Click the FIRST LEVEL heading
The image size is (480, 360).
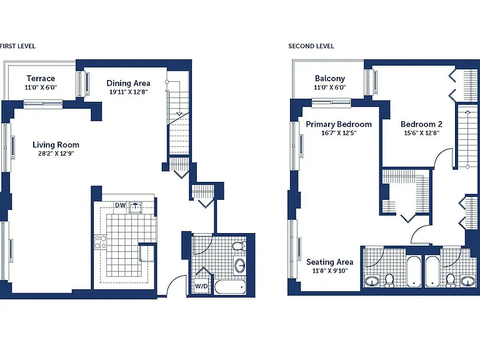pyautogui.click(x=17, y=46)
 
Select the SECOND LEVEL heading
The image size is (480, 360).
pyautogui.click(x=311, y=46)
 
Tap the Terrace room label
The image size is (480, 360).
pyautogui.click(x=41, y=78)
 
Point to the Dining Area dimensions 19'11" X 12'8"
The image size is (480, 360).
pyautogui.click(x=129, y=92)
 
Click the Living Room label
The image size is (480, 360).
pyautogui.click(x=56, y=145)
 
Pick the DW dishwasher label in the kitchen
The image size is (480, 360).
pyautogui.click(x=120, y=205)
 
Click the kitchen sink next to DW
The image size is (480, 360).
pyautogui.click(x=136, y=207)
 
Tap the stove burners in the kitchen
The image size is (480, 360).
pyautogui.click(x=101, y=242)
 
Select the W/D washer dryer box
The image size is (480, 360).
pyautogui.click(x=201, y=286)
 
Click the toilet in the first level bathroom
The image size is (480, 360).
pyautogui.click(x=239, y=246)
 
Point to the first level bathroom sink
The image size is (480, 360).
pyautogui.click(x=240, y=265)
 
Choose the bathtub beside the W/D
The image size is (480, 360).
pyautogui.click(x=230, y=287)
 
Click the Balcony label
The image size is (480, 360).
pyautogui.click(x=330, y=78)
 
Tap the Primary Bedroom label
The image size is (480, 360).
pyautogui.click(x=339, y=124)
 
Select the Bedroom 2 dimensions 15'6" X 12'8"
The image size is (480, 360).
pyautogui.click(x=421, y=133)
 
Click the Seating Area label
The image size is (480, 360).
pyautogui.click(x=330, y=262)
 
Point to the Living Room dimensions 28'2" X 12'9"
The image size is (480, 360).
pyautogui.click(x=56, y=153)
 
